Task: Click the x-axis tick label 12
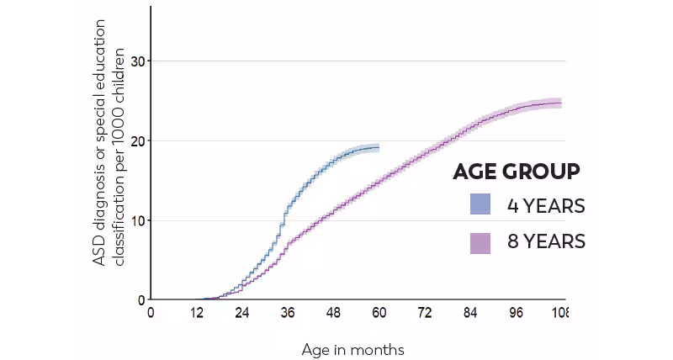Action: coord(197,313)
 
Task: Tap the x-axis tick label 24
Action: coord(242,313)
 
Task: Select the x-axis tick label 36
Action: coord(288,313)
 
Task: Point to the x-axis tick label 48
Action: coord(333,313)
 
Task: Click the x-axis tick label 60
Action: coord(379,313)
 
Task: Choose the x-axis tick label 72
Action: coord(425,313)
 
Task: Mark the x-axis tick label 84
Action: coord(470,313)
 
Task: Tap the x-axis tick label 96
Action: coord(516,313)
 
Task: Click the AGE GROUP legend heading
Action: coord(516,172)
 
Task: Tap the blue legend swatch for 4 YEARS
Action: coord(480,205)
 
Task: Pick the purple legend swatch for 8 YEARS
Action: coord(480,242)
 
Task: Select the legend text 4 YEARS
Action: coord(545,205)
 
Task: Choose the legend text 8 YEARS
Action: coord(545,242)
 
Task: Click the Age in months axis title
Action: coord(352,348)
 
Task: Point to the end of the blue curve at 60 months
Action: coord(379,147)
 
